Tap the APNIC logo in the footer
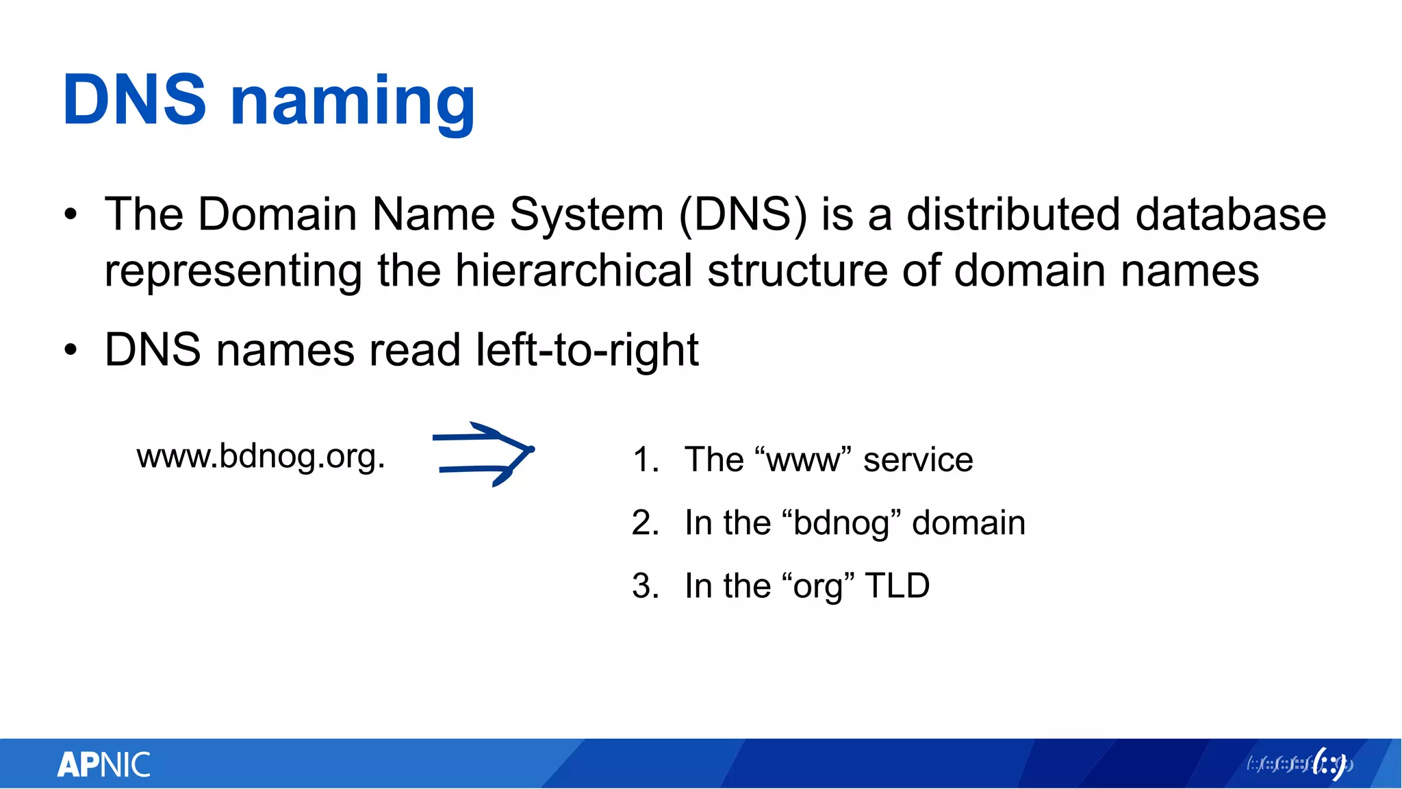(x=104, y=764)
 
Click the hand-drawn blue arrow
(x=483, y=454)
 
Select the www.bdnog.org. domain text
(x=261, y=456)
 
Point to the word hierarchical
(x=574, y=271)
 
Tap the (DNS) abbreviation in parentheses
(x=743, y=215)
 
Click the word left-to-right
(x=587, y=350)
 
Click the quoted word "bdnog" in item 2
(x=840, y=523)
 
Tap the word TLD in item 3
(x=897, y=586)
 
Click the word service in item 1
(x=918, y=460)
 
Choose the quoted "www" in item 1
(x=802, y=460)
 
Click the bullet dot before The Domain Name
(x=71, y=215)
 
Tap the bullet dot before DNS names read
(x=71, y=351)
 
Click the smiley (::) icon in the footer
(x=1329, y=764)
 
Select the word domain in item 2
(x=969, y=523)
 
